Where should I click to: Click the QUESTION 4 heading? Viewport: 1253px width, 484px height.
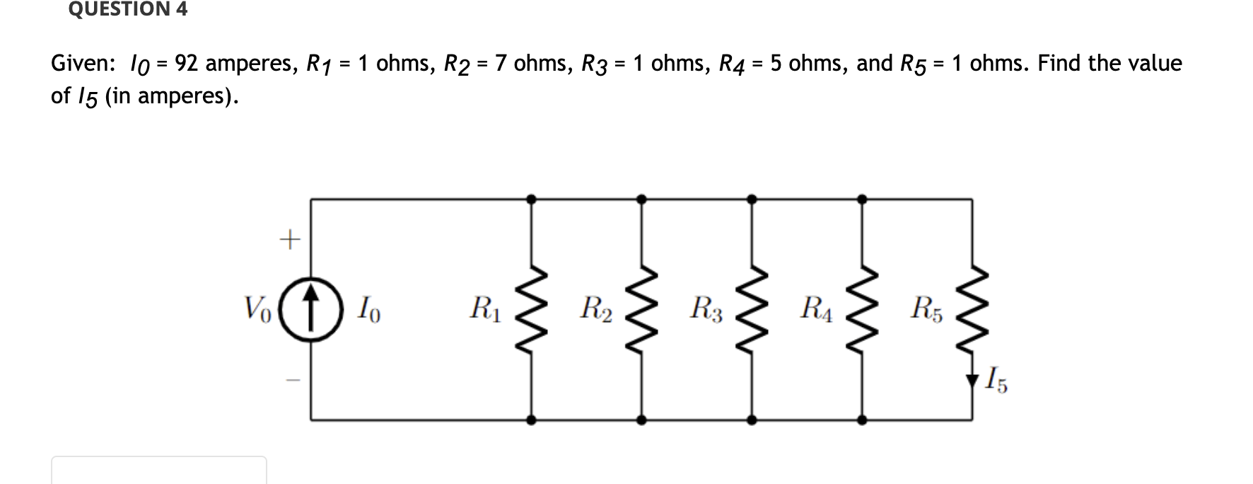tap(128, 9)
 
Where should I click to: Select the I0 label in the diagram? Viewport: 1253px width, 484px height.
tap(368, 310)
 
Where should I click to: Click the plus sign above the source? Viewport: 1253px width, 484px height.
tap(289, 241)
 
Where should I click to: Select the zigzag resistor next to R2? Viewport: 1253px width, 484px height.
tap(641, 310)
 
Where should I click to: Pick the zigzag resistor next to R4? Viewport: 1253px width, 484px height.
tap(861, 310)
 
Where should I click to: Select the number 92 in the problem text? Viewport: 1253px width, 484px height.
tap(186, 64)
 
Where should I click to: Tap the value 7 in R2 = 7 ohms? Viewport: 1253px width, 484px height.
tap(501, 64)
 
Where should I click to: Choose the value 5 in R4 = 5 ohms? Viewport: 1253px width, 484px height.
tap(776, 64)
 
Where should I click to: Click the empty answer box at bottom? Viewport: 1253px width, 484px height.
tap(158, 471)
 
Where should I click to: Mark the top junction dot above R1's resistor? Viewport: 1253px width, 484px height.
tap(531, 200)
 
